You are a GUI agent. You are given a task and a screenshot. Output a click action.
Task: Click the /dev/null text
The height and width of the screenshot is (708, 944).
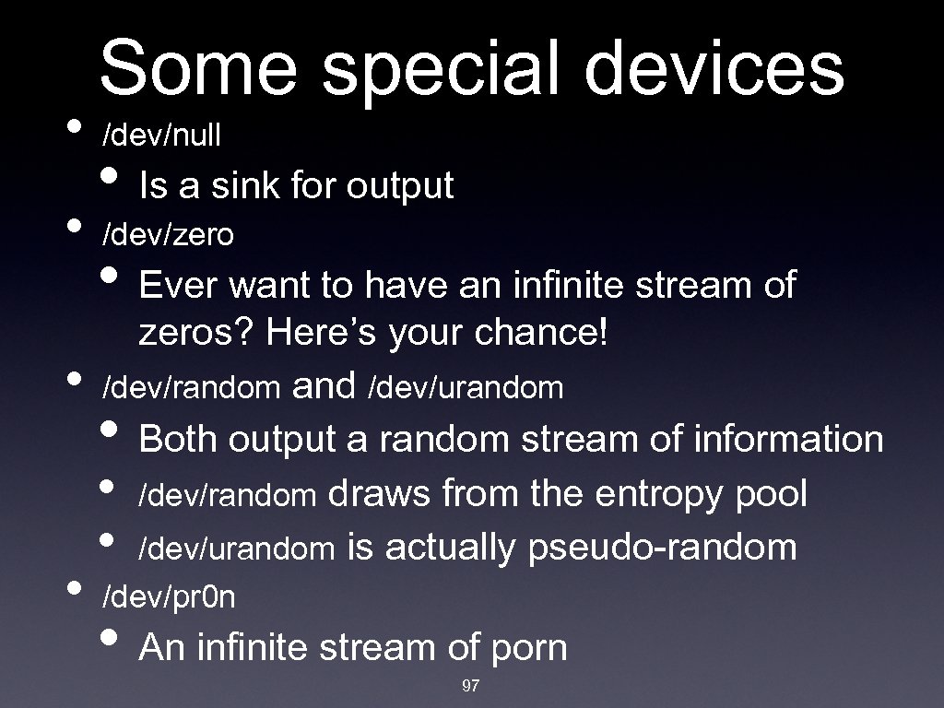(161, 136)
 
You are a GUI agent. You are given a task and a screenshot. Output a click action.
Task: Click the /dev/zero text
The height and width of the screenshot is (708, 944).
(168, 235)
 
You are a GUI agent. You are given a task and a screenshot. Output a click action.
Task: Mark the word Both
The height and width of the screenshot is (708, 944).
(180, 439)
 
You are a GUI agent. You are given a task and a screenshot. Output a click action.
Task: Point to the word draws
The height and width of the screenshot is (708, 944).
(380, 494)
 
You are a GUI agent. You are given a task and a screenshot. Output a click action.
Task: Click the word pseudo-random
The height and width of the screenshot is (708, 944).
(663, 548)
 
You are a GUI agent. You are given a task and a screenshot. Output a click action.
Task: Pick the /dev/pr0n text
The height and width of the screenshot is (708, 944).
(169, 597)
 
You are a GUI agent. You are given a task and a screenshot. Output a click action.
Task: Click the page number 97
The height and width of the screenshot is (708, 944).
(471, 686)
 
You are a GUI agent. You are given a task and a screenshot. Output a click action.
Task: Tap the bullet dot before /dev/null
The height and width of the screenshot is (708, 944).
(75, 128)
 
